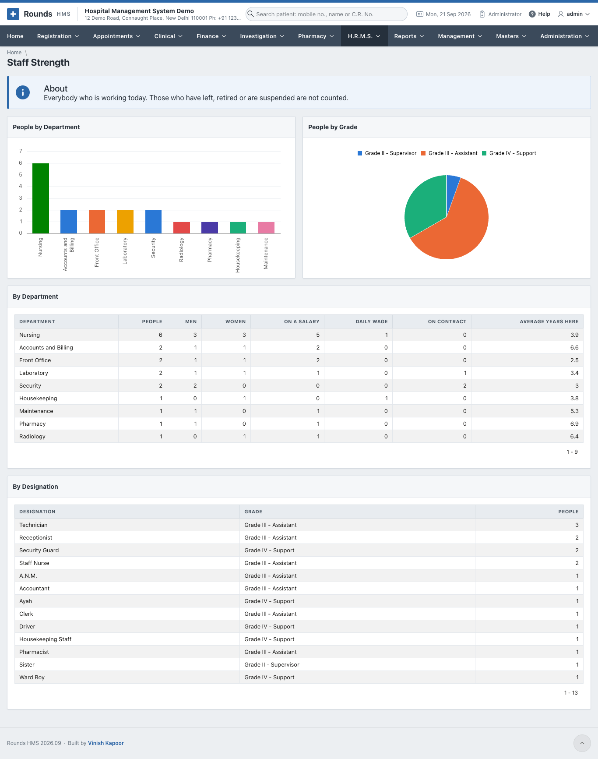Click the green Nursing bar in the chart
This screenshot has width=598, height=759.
41,198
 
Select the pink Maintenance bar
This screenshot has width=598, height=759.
266,228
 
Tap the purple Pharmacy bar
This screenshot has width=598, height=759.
210,228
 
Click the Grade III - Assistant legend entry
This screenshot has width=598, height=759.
449,153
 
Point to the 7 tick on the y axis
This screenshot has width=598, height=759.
21,151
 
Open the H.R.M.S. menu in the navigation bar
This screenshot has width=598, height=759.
364,36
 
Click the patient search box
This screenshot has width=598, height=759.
327,14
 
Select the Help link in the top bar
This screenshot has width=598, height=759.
539,14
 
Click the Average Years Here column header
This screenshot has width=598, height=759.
549,321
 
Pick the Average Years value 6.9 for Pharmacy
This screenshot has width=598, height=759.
574,424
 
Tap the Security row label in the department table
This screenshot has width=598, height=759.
30,386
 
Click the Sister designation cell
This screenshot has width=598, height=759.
27,665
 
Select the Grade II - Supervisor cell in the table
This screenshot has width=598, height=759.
272,665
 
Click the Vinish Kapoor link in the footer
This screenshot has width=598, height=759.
106,743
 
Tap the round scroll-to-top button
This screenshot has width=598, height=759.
582,743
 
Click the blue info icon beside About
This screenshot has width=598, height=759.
23,92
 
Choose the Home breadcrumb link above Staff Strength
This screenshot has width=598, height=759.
14,53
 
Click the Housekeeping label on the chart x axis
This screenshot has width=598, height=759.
238,255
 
